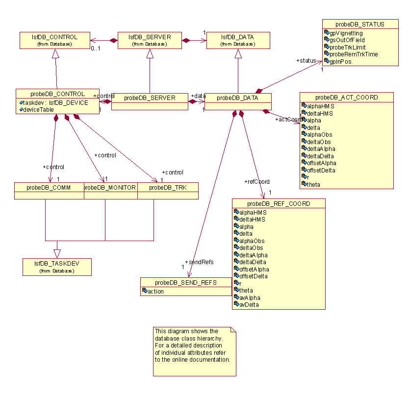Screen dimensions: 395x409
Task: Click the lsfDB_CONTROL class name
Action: click(x=55, y=37)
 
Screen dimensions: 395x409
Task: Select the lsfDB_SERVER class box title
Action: click(x=150, y=37)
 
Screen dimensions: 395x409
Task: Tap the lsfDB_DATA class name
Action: click(x=238, y=37)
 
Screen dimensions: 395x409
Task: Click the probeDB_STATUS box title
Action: click(x=360, y=24)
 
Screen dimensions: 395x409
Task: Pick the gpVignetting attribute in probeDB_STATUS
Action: click(x=346, y=33)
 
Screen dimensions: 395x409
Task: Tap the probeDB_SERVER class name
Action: click(x=150, y=98)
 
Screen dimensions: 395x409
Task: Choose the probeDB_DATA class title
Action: click(x=238, y=98)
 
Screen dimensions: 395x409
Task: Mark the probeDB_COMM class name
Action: click(x=49, y=187)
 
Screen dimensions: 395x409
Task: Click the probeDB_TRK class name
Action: click(x=167, y=187)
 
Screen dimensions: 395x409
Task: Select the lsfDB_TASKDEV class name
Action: click(x=56, y=263)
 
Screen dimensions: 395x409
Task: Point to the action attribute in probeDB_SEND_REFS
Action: click(x=156, y=292)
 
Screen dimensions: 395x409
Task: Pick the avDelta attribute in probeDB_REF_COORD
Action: click(x=249, y=304)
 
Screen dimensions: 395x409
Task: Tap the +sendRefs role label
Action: click(x=199, y=262)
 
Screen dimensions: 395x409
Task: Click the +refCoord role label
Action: click(x=257, y=182)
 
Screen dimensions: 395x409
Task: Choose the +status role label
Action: click(x=306, y=60)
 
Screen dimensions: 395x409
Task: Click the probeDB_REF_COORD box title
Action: click(x=278, y=203)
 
